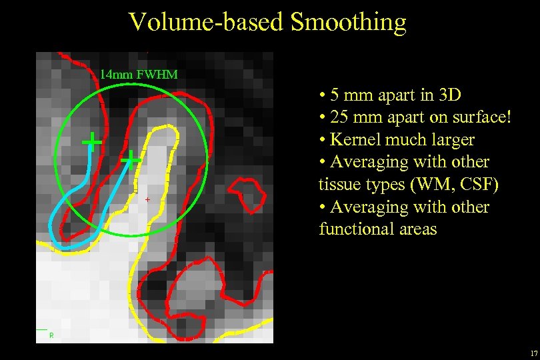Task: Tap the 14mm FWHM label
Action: click(x=139, y=75)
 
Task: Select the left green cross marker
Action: click(x=91, y=141)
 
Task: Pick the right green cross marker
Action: click(x=131, y=159)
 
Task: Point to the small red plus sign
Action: click(x=147, y=199)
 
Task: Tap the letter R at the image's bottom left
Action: click(x=51, y=335)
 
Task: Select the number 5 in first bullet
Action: click(x=335, y=95)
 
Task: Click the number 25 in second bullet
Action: click(x=339, y=117)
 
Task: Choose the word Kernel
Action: click(x=354, y=140)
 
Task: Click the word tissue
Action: click(x=338, y=185)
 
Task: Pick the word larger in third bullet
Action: click(x=453, y=140)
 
